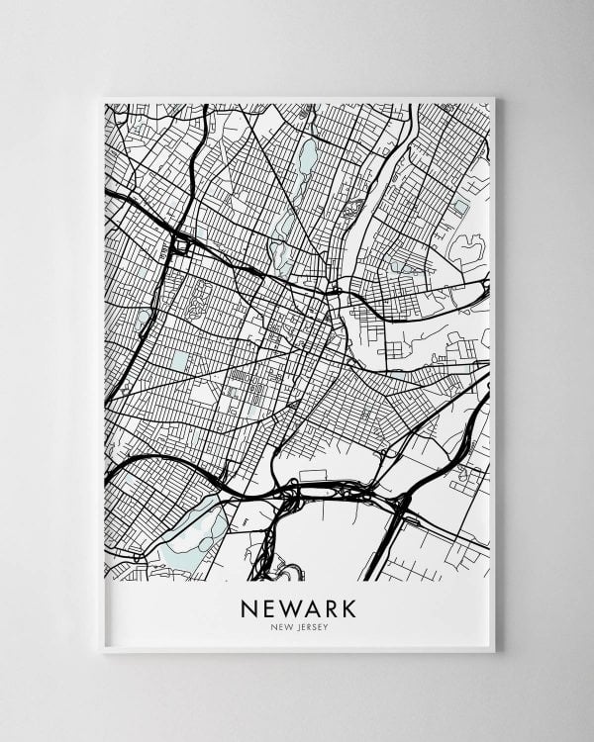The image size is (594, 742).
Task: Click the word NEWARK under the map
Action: (x=298, y=605)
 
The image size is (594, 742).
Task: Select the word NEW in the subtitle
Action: (x=281, y=626)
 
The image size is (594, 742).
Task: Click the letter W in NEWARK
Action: (x=287, y=605)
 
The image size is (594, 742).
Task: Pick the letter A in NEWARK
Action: (x=309, y=605)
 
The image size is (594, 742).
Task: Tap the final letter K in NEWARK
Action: (x=347, y=605)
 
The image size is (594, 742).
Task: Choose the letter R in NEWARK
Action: (x=329, y=605)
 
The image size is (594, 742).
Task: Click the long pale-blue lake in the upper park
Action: (x=307, y=156)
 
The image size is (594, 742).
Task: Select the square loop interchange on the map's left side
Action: (x=182, y=244)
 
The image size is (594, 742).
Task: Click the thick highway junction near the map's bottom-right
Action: (x=401, y=504)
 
